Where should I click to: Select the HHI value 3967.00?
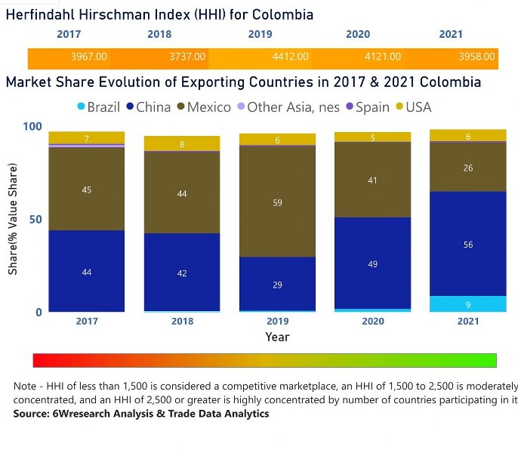(88, 57)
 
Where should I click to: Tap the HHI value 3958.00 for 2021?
(477, 57)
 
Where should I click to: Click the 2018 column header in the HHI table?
(159, 35)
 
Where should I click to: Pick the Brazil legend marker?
(81, 107)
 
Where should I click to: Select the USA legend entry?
(418, 107)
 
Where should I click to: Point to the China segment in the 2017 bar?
(87, 271)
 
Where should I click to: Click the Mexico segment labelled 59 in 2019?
(277, 202)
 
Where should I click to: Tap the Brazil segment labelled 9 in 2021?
(468, 304)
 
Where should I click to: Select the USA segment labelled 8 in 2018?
(182, 143)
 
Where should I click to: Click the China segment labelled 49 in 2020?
(373, 263)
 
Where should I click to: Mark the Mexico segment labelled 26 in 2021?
(468, 167)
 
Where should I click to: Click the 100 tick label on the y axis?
(30, 126)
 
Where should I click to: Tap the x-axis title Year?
(277, 337)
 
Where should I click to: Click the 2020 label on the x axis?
(373, 321)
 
